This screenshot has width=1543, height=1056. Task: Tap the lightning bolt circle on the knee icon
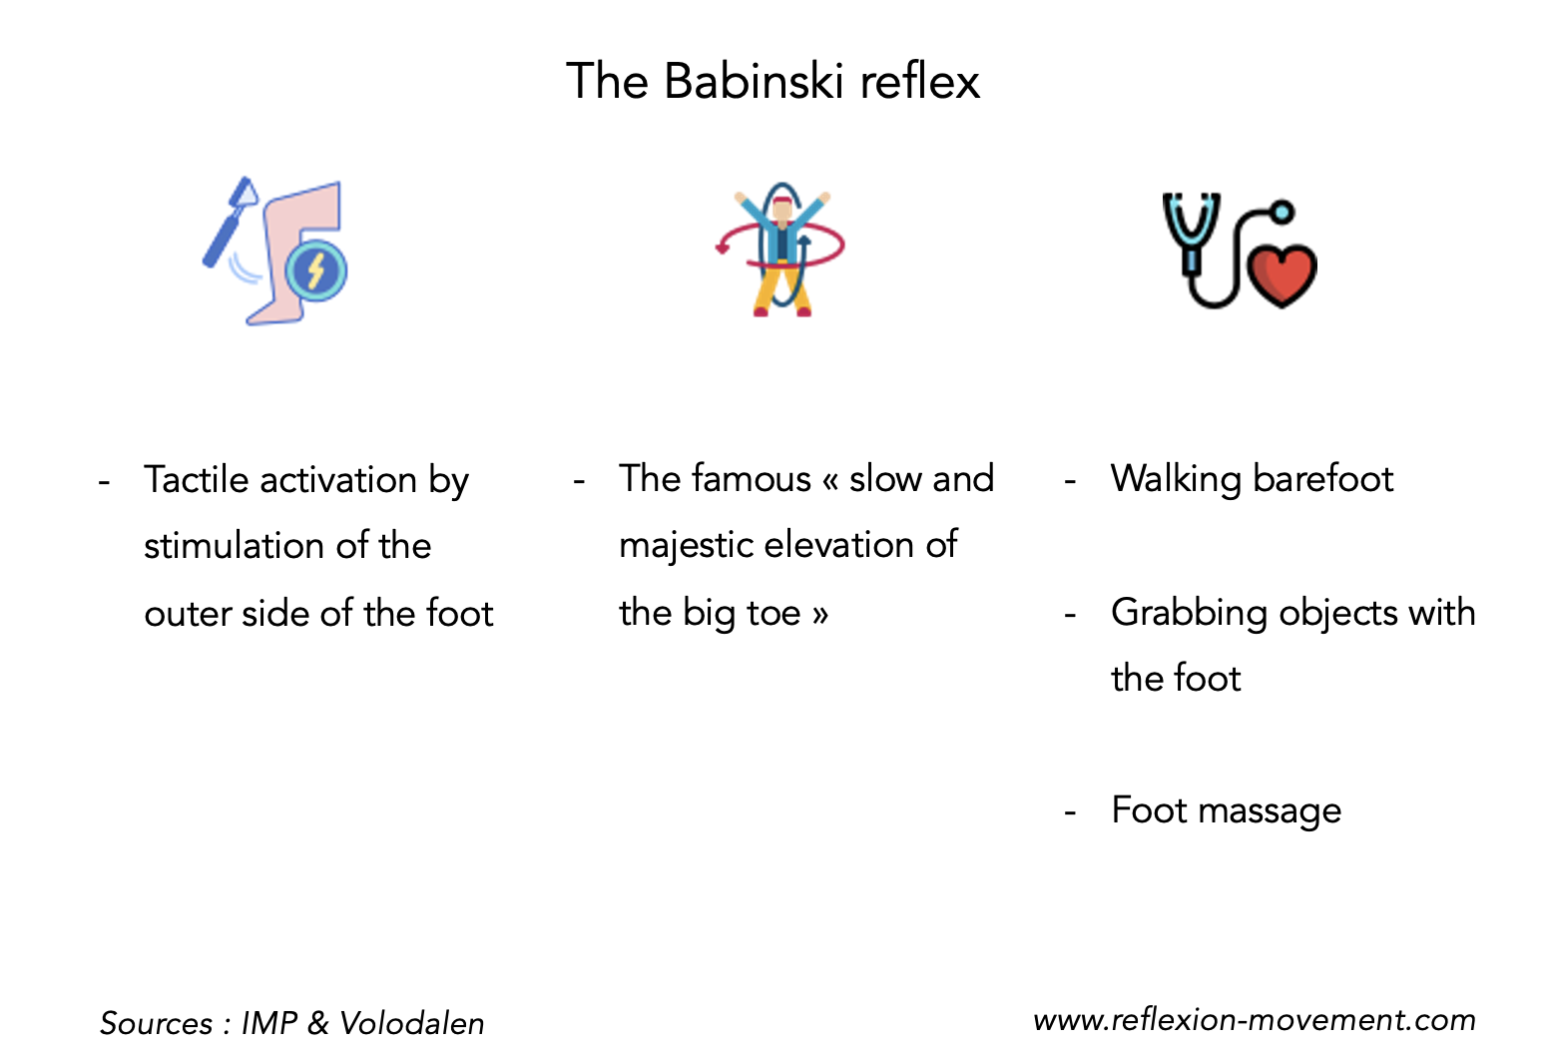[315, 269]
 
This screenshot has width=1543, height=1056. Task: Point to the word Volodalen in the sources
[411, 1023]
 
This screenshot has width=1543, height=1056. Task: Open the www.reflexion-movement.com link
[1254, 1020]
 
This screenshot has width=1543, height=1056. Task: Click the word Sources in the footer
[156, 1023]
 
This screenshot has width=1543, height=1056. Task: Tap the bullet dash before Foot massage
[1070, 812]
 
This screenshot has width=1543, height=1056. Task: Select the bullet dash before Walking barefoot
[1070, 481]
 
